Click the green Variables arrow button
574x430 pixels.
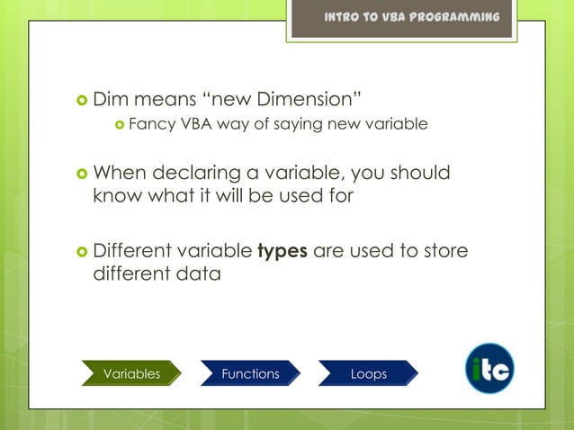click(131, 373)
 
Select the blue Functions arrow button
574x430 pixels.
click(250, 373)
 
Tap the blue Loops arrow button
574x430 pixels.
click(369, 373)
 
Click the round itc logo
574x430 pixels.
click(489, 369)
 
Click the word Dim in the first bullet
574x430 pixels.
click(112, 97)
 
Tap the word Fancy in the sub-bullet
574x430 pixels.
click(150, 124)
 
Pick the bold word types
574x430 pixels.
click(283, 250)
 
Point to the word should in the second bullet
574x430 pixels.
click(421, 173)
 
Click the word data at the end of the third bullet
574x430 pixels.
click(198, 273)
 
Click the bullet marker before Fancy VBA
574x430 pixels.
click(118, 125)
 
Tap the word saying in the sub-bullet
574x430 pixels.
click(289, 124)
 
